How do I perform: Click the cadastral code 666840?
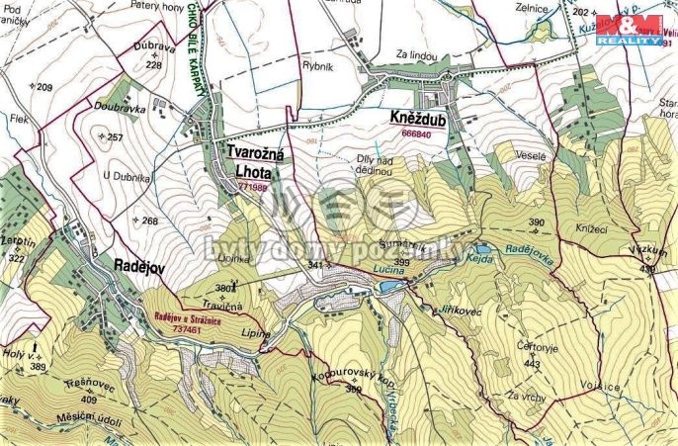pyautogui.click(x=417, y=134)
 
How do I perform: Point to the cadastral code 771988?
pyautogui.click(x=251, y=186)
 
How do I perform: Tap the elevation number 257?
pyautogui.click(x=113, y=136)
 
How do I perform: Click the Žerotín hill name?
pyautogui.click(x=19, y=241)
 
